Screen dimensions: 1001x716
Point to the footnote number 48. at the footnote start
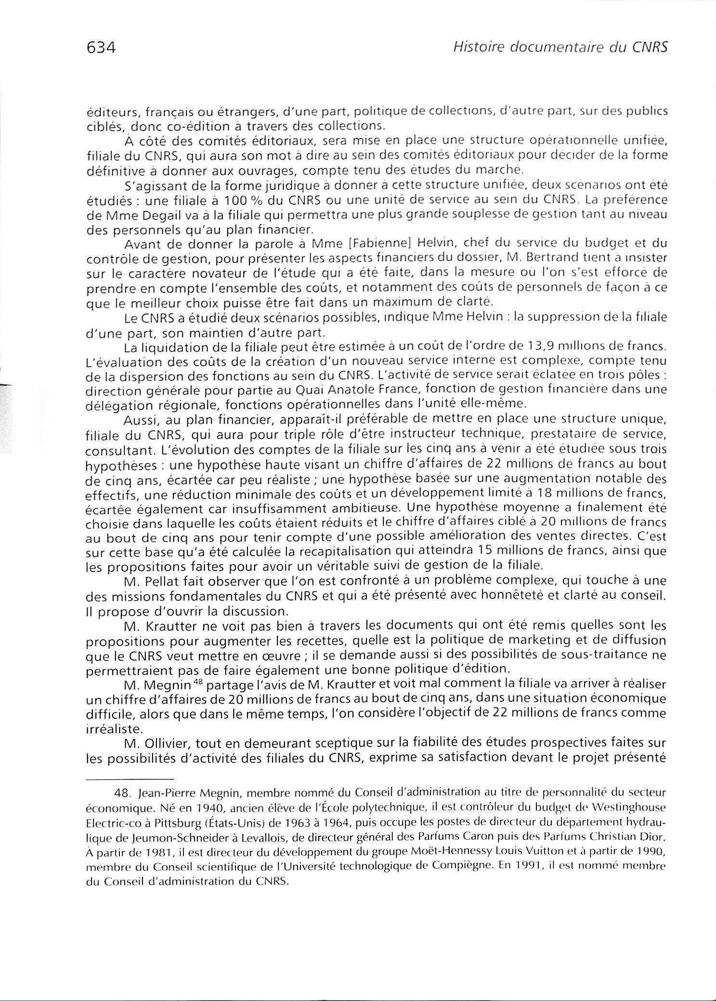(126, 791)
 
